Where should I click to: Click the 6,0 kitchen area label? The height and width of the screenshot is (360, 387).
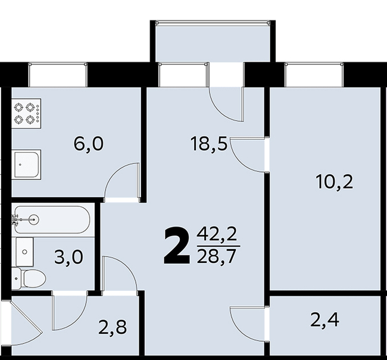(x=89, y=144)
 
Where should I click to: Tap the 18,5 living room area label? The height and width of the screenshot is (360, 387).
(x=208, y=144)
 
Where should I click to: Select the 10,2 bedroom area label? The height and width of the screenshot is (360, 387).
(x=335, y=182)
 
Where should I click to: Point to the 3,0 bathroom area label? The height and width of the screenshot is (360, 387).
(x=68, y=257)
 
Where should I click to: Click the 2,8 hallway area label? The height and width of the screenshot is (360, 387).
(x=113, y=327)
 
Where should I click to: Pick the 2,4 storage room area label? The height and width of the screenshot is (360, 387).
(x=325, y=320)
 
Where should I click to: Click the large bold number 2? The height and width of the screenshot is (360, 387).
(x=177, y=246)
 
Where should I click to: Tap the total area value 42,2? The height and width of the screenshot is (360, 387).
(x=217, y=235)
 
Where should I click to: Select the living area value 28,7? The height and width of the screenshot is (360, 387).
(x=216, y=256)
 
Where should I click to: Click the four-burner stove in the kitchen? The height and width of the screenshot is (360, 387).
(x=26, y=113)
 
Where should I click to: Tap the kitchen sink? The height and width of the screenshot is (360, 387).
(x=26, y=165)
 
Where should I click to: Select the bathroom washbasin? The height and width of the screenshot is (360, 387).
(x=24, y=252)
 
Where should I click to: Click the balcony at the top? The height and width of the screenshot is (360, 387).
(x=213, y=41)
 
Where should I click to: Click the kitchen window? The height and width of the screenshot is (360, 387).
(x=58, y=75)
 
